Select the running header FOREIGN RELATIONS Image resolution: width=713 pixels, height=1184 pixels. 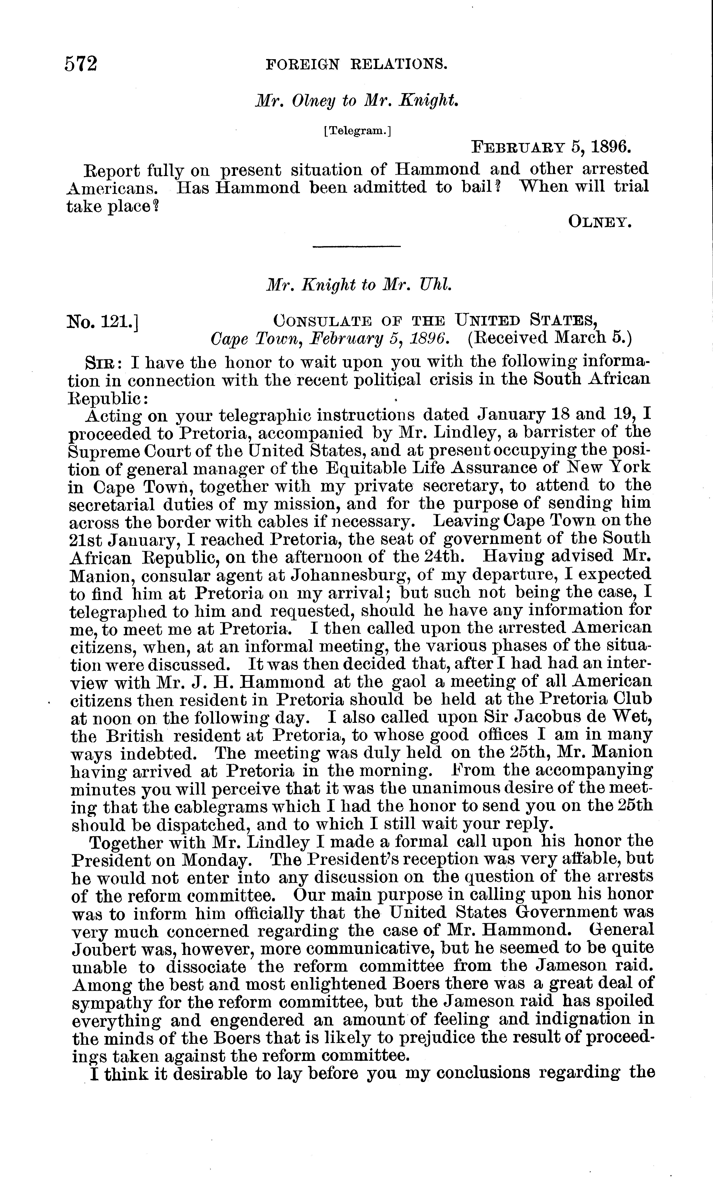pyautogui.click(x=356, y=64)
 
